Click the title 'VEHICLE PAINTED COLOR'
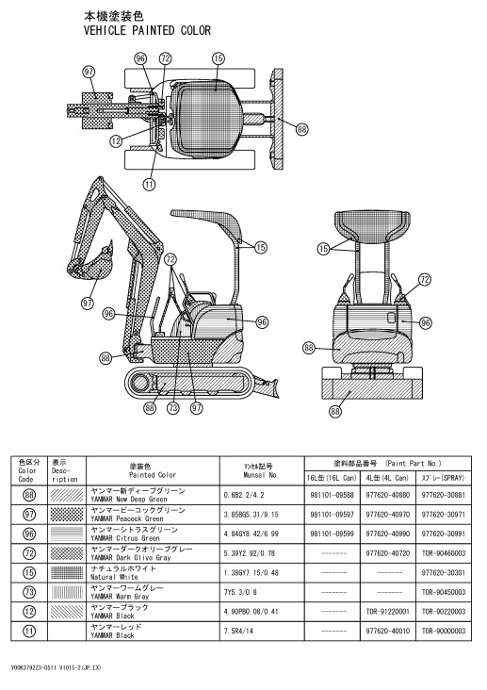coord(147,30)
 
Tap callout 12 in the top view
coord(116,140)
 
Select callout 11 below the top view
coord(150,184)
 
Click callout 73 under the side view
coord(173,408)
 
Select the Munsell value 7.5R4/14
coord(238,631)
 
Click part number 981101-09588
coord(332,495)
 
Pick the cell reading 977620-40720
coord(387,553)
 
